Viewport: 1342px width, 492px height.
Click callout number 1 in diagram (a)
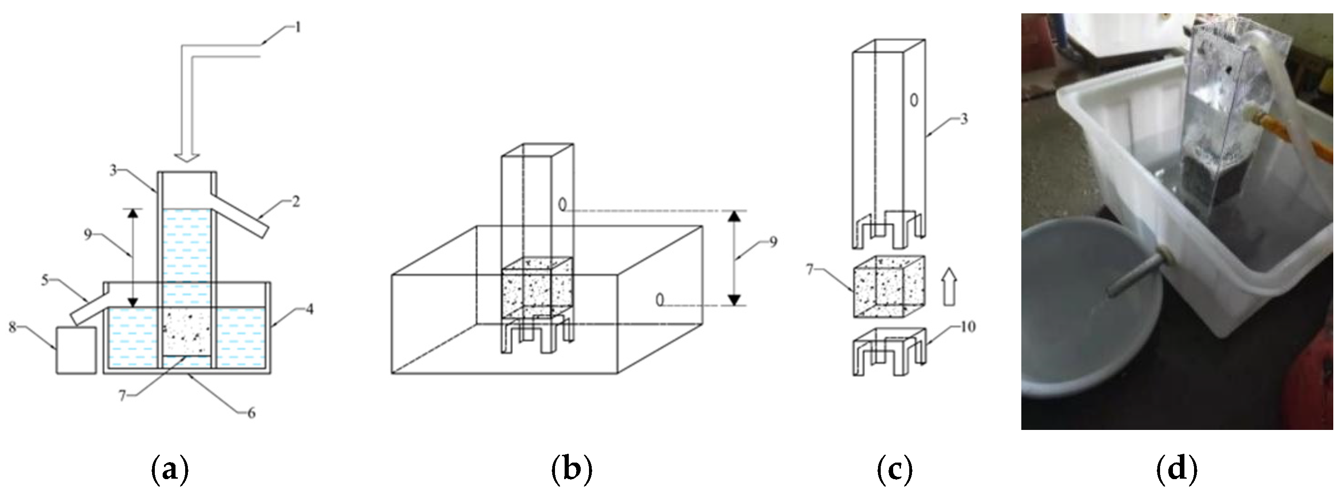[x=298, y=27]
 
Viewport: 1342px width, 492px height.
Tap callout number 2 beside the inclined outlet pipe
[x=295, y=201]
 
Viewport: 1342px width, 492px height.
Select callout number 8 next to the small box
[x=12, y=327]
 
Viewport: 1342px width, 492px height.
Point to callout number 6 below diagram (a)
[x=251, y=413]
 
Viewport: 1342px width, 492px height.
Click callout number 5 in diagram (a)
[x=45, y=280]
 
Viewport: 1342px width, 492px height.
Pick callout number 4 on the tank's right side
[x=310, y=309]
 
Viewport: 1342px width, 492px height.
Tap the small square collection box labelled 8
[x=76, y=350]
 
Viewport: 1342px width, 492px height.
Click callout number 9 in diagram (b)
[x=773, y=242]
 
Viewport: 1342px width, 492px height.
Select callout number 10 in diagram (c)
[x=968, y=327]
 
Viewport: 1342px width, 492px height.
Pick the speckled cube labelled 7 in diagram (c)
[x=889, y=286]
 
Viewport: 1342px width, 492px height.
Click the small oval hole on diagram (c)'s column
[x=914, y=100]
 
